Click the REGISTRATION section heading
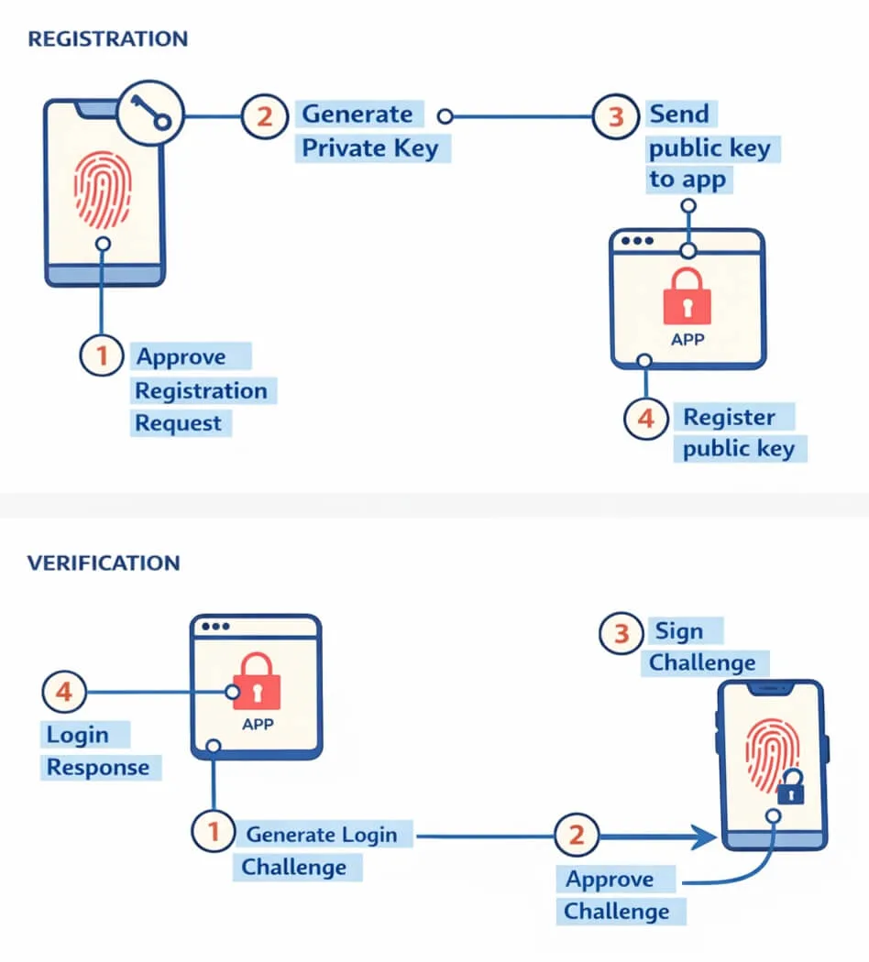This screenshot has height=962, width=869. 107,39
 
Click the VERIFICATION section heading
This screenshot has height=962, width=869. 104,563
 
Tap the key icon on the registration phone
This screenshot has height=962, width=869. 151,115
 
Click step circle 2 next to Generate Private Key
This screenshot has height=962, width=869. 264,116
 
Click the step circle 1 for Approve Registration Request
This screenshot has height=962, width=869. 102,355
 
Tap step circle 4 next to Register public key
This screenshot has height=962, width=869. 646,419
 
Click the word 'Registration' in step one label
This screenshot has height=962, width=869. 201,391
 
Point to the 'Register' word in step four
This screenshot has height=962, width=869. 729,418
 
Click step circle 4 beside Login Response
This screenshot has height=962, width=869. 64,693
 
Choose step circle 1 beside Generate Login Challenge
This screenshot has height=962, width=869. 214,833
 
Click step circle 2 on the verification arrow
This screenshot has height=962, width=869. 577,835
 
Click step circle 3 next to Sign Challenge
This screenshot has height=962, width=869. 621,633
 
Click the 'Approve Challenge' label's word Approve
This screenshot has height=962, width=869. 610,880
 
